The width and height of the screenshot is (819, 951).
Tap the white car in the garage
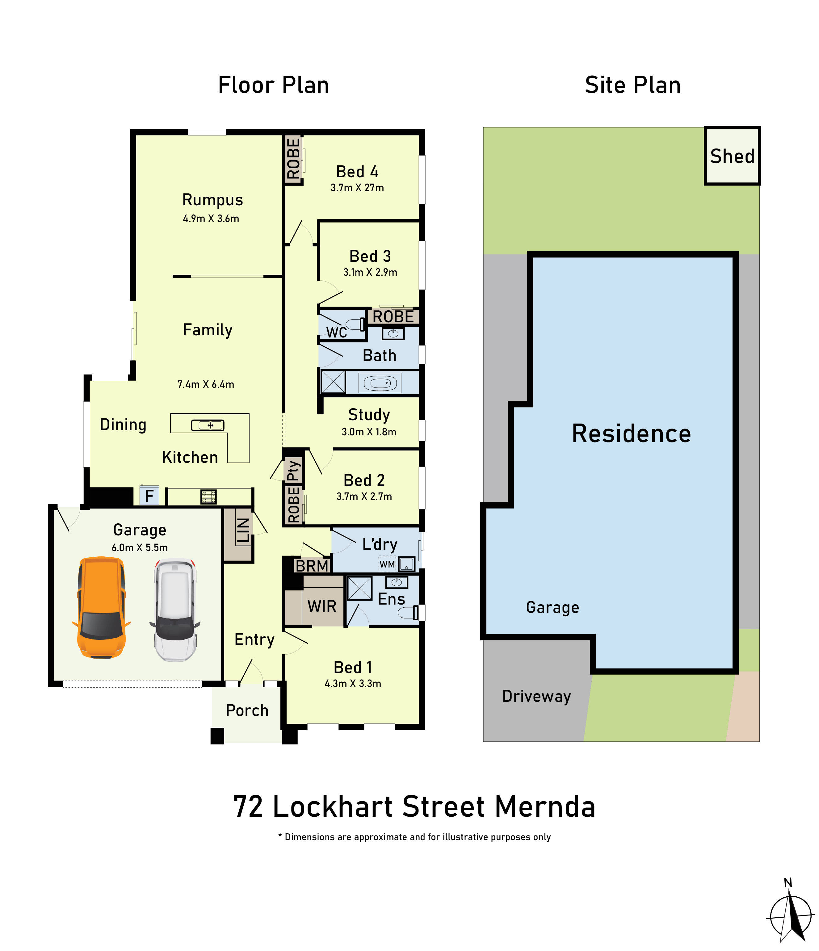coord(174,610)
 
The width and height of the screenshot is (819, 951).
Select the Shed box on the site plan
coord(732,156)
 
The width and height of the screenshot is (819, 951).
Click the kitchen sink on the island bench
coord(208,425)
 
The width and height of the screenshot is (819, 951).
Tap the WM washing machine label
coord(387,564)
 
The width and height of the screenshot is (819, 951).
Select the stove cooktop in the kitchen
coord(208,496)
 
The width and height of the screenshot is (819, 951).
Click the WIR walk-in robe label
coord(322,606)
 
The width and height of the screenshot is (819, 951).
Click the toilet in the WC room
coord(355,325)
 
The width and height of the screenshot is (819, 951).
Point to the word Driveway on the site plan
coord(536,696)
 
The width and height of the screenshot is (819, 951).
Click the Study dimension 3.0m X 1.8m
coord(369,432)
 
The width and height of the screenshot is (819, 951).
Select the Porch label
coord(247,710)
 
